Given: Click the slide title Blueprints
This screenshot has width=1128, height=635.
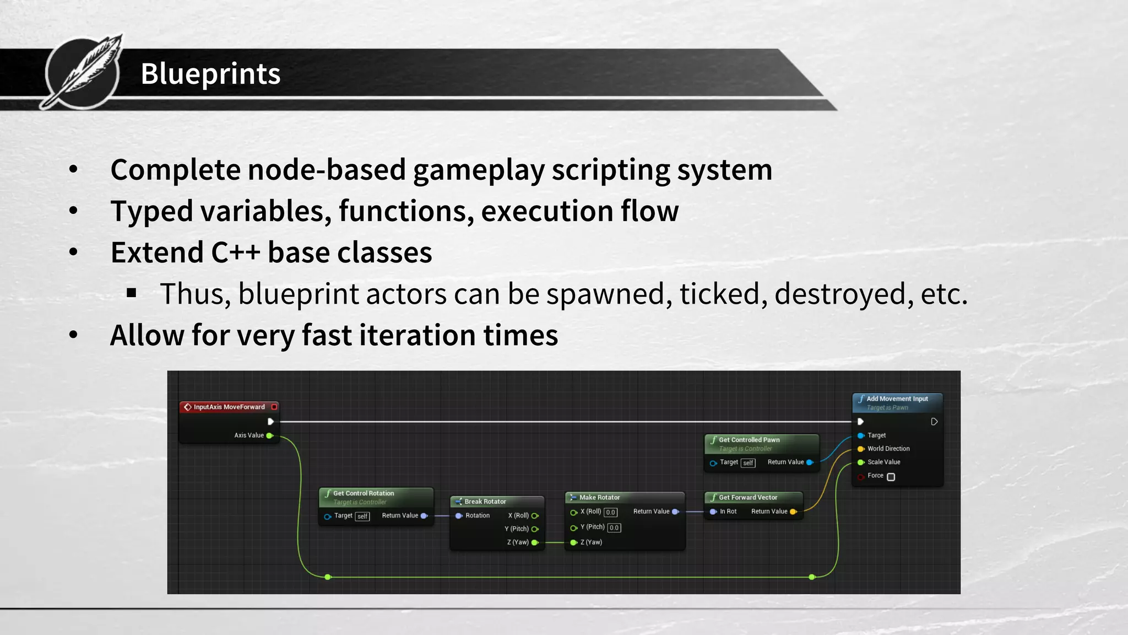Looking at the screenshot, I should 210,74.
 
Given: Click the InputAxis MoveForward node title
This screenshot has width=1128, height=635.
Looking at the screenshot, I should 229,407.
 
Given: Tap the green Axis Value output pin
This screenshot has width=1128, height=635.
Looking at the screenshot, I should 270,435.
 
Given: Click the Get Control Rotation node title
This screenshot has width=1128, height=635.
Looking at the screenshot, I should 364,493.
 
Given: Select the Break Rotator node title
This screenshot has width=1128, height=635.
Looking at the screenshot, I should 485,502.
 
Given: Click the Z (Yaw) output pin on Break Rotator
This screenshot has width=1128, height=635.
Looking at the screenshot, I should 534,542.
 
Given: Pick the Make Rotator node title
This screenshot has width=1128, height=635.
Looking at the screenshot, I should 599,497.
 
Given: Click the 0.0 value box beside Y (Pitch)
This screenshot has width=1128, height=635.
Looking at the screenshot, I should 614,528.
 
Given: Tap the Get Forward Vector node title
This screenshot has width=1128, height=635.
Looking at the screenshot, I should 748,497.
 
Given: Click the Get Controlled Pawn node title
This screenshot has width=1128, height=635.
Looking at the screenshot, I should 749,440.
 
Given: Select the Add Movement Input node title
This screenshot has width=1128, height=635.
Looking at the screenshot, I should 897,399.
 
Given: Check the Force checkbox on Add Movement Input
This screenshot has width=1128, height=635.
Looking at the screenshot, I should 891,477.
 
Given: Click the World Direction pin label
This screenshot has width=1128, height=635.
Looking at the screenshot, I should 888,449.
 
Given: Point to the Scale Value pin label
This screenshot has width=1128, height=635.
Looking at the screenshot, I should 883,462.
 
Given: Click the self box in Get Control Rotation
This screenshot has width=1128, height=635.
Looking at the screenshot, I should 362,516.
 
